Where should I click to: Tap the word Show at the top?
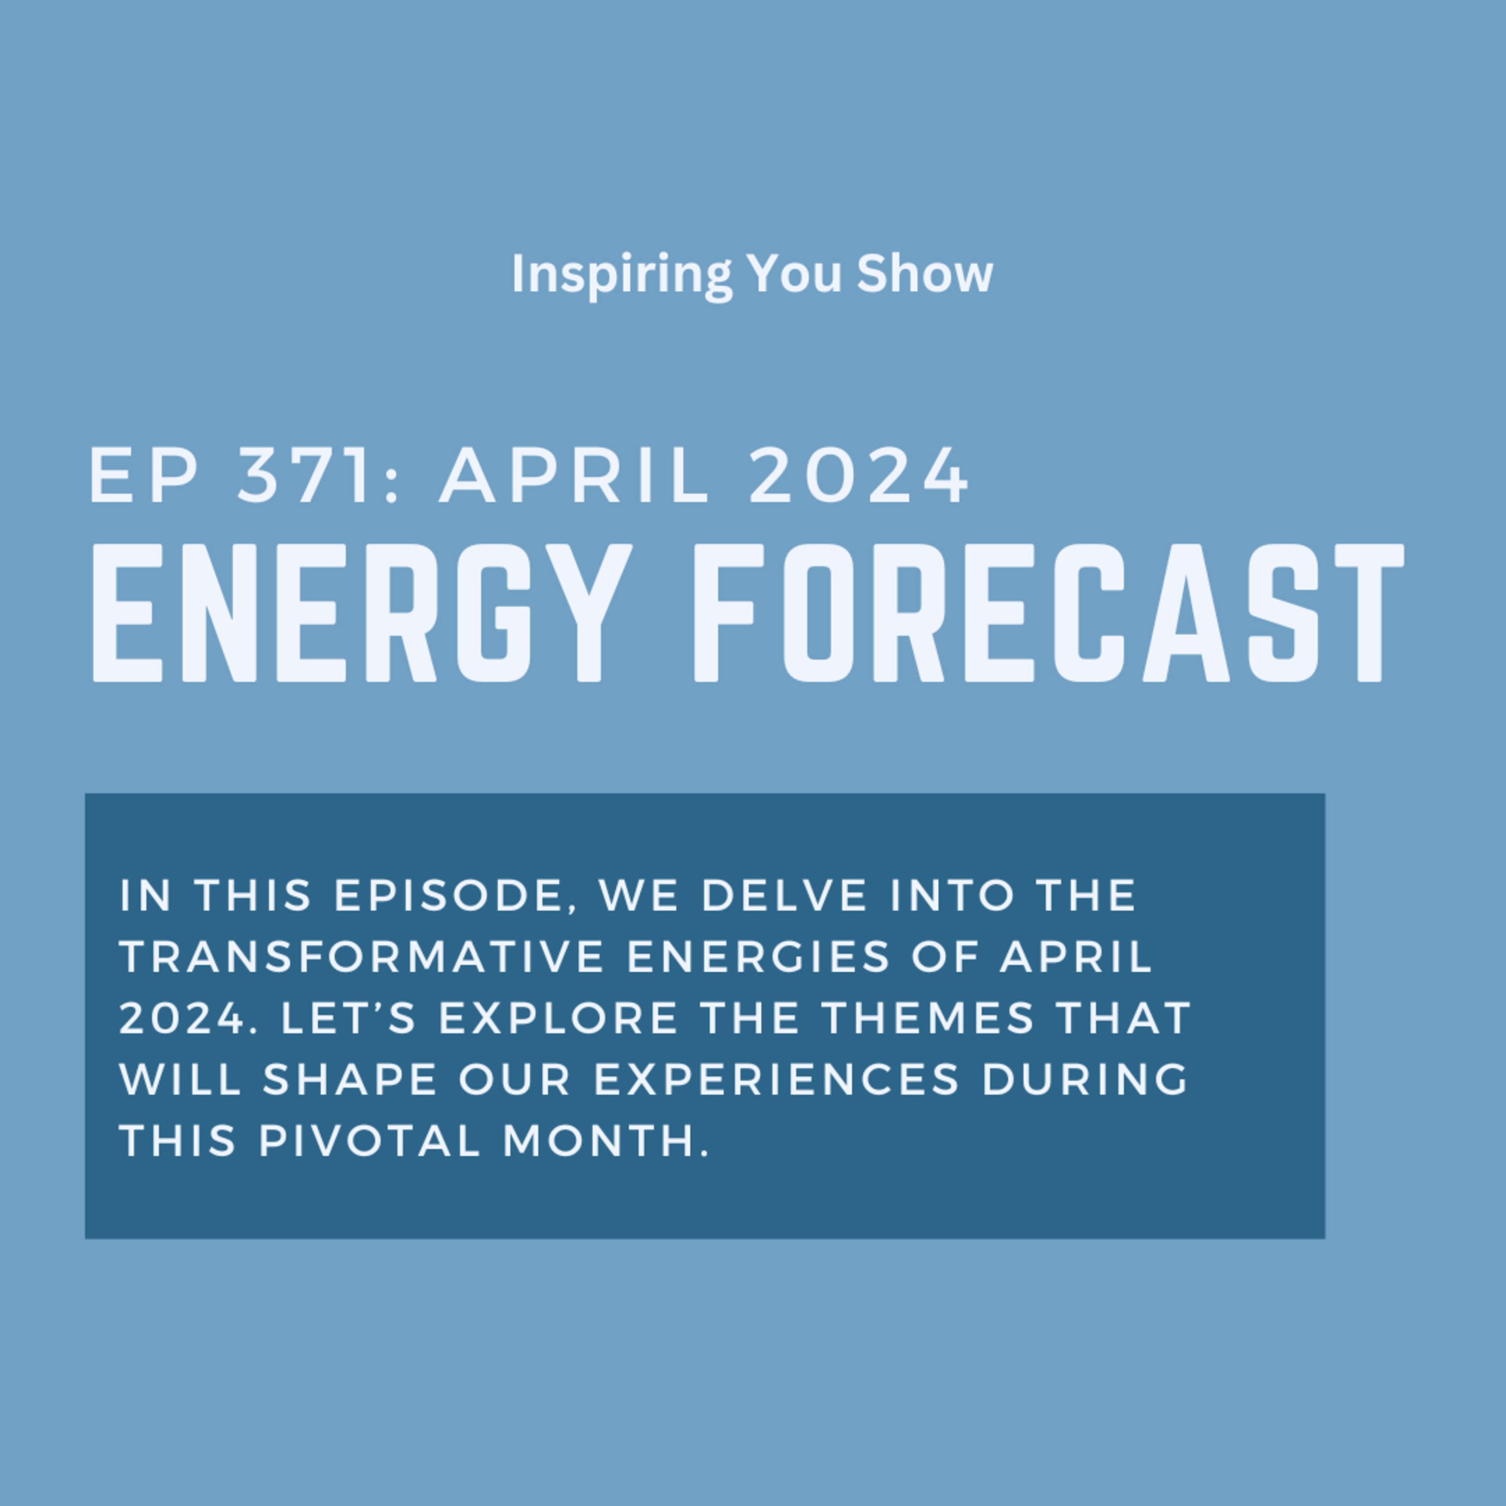pos(925,275)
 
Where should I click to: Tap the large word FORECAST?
pos(1049,612)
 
